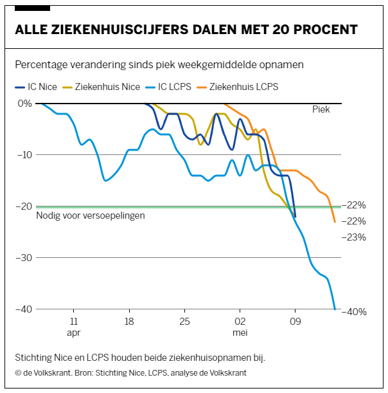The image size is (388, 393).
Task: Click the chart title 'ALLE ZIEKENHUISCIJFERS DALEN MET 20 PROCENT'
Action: coord(186,30)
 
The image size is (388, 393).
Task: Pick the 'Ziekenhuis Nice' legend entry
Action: coord(103,86)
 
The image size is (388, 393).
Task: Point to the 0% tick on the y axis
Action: coord(24,104)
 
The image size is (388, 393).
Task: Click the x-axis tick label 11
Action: coord(74,322)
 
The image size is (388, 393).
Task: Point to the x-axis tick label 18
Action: coord(129,322)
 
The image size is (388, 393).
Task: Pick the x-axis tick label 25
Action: coord(184,322)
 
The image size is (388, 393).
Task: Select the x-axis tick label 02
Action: coord(240,322)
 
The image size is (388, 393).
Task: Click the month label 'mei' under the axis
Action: coord(240,333)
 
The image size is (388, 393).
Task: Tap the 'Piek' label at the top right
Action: coord(321,109)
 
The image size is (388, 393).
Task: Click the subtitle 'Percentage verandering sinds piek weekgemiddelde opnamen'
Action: coord(159,66)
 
